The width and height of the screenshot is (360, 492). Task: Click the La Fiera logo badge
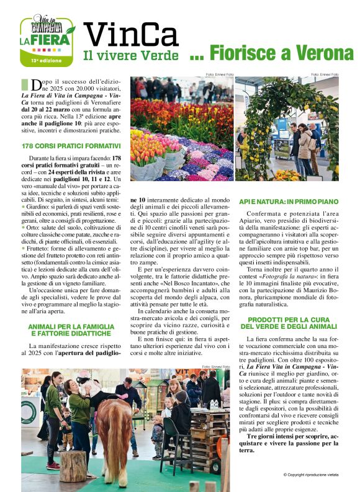tap(47, 40)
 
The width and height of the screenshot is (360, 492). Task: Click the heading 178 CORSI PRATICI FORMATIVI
tap(71, 146)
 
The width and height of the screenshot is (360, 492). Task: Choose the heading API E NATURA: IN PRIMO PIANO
tap(289, 202)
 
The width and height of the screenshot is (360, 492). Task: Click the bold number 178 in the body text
tap(115, 159)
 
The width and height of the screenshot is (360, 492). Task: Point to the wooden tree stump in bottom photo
tap(73, 465)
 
